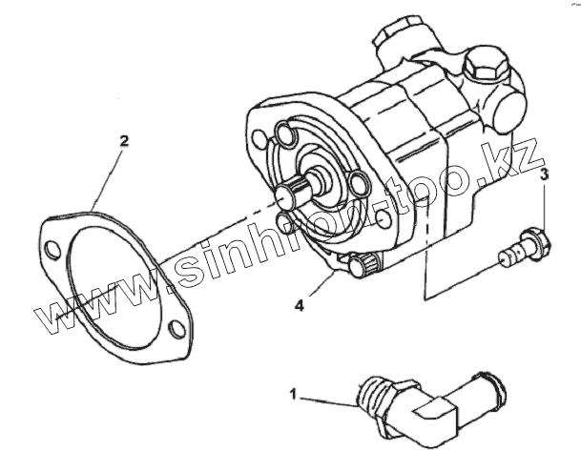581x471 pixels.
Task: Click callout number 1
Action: pos(294,392)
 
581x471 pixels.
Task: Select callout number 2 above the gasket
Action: pos(123,142)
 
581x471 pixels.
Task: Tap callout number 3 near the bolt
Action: pos(545,175)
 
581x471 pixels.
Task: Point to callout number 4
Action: pos(299,306)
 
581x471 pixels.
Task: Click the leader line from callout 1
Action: pos(324,397)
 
